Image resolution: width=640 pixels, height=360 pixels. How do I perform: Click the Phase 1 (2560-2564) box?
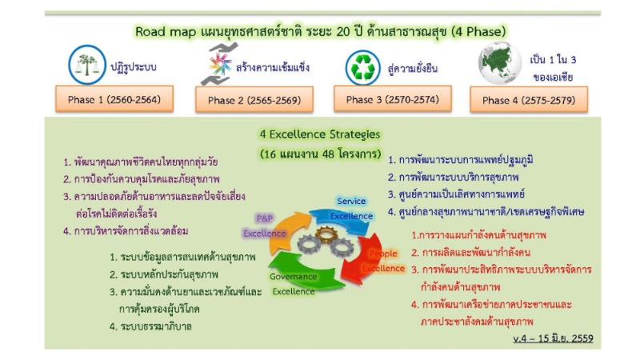click(114, 98)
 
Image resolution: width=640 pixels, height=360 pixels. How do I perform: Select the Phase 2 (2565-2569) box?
click(254, 99)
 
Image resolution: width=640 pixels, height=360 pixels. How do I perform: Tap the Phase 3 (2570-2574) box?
click(393, 98)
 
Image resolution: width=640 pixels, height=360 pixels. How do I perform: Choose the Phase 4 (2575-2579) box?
click(529, 99)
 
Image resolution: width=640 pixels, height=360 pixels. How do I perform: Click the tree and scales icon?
click(87, 65)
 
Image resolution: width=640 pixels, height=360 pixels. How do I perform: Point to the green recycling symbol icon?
click(363, 68)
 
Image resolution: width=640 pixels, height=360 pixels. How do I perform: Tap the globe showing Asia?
click(500, 63)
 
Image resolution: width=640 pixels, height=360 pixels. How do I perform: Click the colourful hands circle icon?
click(221, 65)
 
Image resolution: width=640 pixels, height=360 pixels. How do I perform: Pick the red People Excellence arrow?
click(363, 259)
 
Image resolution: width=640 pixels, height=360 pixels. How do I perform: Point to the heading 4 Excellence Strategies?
click(320, 134)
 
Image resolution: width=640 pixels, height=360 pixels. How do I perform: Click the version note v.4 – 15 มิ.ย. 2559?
click(553, 338)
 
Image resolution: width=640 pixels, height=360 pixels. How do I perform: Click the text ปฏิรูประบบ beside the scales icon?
click(134, 66)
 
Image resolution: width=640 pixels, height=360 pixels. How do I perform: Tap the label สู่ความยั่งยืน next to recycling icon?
click(413, 68)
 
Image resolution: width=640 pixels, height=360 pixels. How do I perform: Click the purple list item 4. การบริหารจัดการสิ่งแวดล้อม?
click(126, 231)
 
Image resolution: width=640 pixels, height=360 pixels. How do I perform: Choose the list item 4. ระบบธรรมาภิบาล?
click(150, 326)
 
